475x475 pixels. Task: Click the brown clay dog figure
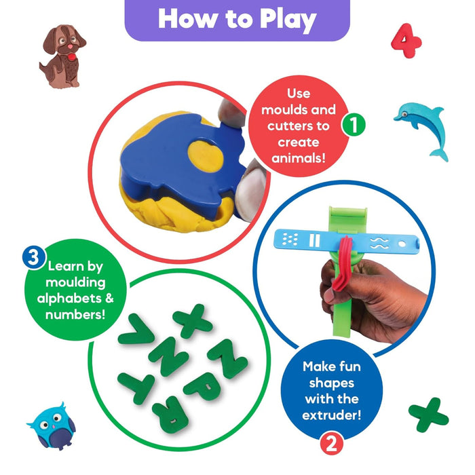coord(62,57)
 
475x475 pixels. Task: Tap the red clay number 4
coord(406,41)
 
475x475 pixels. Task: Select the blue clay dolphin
coord(422,130)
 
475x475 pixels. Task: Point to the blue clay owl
coord(52,427)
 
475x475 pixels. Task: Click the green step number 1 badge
coord(354,125)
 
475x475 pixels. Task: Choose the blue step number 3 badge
coord(34,257)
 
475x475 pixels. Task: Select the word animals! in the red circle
coord(299,158)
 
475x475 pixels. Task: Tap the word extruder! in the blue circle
coord(332,415)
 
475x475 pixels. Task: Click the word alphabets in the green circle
coord(69,299)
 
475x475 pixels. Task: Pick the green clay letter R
coord(170,413)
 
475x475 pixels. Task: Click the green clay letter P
coord(204,386)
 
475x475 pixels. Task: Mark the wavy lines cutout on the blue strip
coord(379,243)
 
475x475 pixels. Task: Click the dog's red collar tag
coord(72,56)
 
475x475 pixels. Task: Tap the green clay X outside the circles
coord(428,415)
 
